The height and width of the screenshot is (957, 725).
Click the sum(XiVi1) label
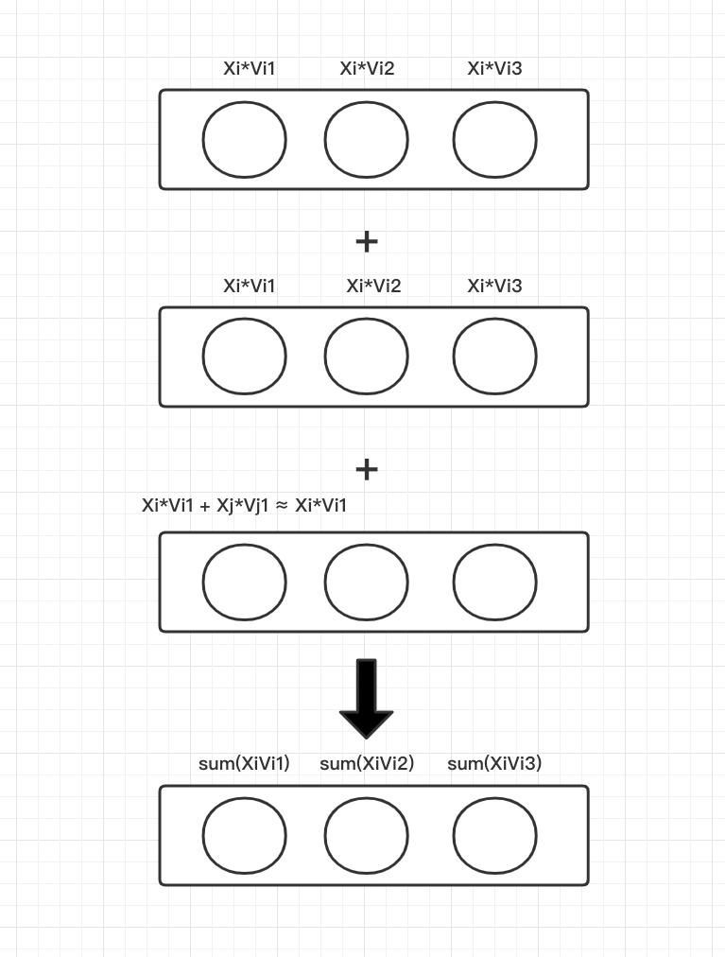click(244, 763)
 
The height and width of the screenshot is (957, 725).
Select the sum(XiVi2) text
click(367, 763)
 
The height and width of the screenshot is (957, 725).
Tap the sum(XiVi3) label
click(494, 763)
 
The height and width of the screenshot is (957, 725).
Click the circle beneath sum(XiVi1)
click(244, 836)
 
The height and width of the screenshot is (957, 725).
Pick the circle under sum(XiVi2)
click(367, 836)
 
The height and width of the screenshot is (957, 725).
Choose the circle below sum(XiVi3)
click(494, 836)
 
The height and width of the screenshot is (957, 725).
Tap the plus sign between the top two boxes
click(367, 242)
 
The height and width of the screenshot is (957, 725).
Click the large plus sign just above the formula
click(367, 469)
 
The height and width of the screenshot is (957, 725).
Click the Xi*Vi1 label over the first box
click(250, 68)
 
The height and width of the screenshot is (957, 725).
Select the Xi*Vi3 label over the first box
click(494, 68)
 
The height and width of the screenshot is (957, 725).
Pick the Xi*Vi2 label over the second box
click(373, 286)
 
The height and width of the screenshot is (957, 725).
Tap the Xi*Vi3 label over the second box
click(494, 286)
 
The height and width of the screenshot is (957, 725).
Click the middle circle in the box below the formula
click(367, 582)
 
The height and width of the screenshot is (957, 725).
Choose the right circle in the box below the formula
click(494, 582)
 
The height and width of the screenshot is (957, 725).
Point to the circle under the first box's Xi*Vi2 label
click(367, 140)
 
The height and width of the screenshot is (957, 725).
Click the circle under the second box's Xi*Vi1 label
click(244, 357)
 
